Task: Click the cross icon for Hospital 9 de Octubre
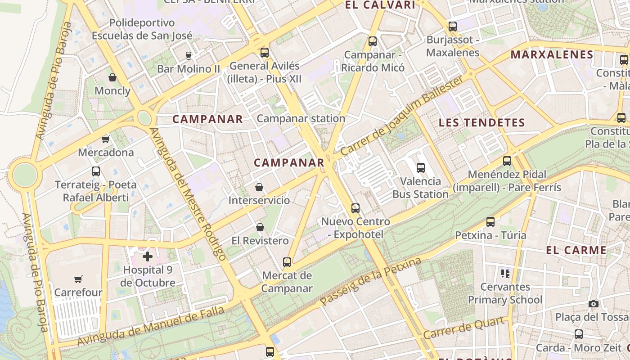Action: [148, 256]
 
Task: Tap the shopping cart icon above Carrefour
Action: [78, 279]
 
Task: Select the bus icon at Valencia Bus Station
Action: [421, 168]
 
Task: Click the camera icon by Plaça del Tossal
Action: [594, 304]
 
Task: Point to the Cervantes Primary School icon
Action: [505, 273]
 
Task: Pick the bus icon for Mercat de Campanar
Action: [287, 262]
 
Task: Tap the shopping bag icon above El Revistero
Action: [260, 227]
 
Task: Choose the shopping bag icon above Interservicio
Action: [259, 187]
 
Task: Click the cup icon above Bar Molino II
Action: [189, 56]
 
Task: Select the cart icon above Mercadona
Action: [106, 139]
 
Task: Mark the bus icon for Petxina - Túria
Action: [490, 222]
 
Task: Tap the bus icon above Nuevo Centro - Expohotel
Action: [355, 208]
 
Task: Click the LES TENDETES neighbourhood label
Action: [481, 122]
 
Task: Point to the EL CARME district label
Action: [576, 250]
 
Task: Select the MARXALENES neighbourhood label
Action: [552, 55]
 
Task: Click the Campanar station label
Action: [301, 118]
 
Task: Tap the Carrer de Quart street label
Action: [463, 328]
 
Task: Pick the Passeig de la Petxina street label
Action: [371, 282]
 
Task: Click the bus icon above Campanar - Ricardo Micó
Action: [373, 41]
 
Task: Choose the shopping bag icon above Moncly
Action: [112, 77]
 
